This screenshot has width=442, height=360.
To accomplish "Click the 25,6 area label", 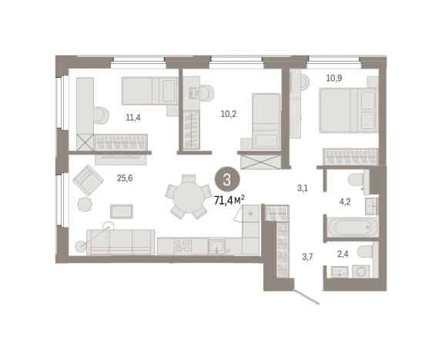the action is [125, 178].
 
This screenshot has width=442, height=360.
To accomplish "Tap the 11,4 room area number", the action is [133, 117].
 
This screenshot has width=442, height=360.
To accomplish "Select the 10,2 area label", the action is [229, 114].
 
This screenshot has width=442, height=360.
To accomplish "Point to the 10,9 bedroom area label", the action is [334, 78].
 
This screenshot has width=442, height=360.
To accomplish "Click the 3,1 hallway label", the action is [303, 188].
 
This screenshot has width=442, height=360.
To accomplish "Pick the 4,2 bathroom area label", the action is [345, 202].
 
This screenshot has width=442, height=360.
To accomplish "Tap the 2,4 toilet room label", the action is [343, 254].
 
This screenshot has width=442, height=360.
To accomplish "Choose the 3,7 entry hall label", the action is [307, 257].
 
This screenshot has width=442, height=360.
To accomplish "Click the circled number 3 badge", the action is [227, 180].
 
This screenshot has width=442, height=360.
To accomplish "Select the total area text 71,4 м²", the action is [229, 200].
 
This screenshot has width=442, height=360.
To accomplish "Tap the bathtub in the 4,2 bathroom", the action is [351, 227].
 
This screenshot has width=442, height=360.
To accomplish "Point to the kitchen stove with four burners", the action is [182, 245].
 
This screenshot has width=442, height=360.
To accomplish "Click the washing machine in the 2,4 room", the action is [360, 271].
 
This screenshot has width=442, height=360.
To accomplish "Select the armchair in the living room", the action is [88, 180].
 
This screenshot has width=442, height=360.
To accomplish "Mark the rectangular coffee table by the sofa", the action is [122, 212].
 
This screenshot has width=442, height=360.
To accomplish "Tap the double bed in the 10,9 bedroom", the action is [348, 110].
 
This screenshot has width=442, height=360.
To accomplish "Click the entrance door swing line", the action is [306, 297].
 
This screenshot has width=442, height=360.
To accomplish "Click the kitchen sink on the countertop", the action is [216, 245].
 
